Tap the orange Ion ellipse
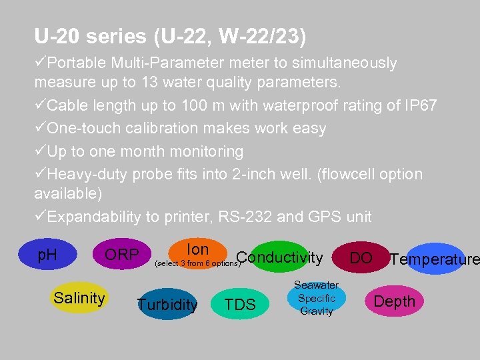[x=197, y=250]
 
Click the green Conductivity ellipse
[x=279, y=257]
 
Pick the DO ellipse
[x=361, y=257]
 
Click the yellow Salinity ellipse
[x=79, y=298]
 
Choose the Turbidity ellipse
[x=167, y=305]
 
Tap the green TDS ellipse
[x=240, y=305]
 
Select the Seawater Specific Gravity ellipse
[x=316, y=298]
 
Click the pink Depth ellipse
[x=394, y=301]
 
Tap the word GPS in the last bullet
[x=325, y=217]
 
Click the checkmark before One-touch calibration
[x=40, y=129]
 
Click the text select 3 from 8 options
[x=196, y=264]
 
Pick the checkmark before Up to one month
[x=40, y=151]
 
